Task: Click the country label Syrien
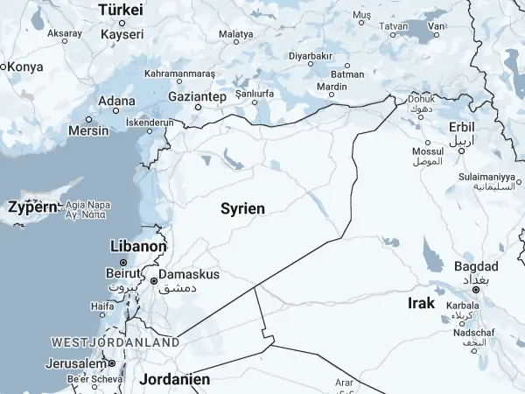[242, 208]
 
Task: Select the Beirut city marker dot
[123, 263]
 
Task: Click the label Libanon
[138, 247]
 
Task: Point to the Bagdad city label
[476, 266]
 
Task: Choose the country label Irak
[422, 303]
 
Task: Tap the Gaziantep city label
[198, 95]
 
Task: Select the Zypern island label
[32, 208]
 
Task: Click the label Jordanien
[175, 380]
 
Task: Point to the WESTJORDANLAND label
[115, 341]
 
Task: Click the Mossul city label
[428, 151]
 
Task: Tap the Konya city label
[25, 67]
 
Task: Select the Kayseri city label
[122, 34]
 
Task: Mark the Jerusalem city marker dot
[112, 363]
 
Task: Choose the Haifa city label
[102, 306]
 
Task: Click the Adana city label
[116, 101]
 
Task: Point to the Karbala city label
[461, 306]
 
